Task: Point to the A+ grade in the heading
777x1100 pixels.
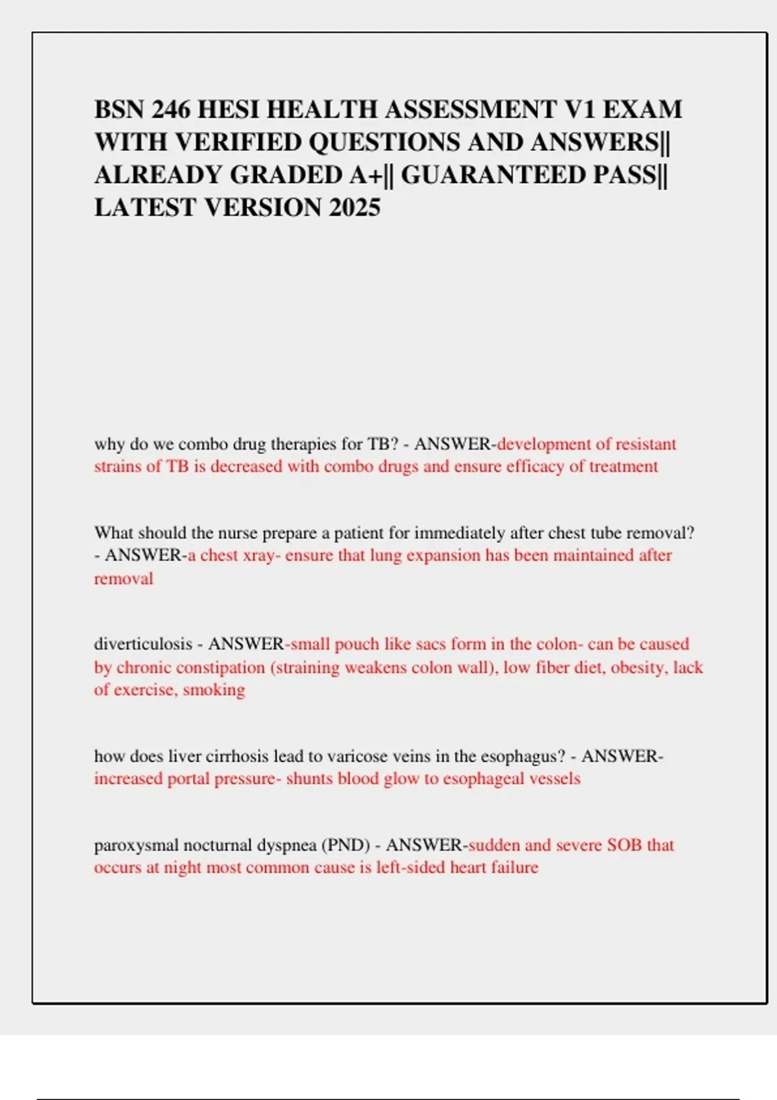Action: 366,175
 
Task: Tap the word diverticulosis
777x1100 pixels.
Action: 143,644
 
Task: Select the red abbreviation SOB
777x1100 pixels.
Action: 624,845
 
